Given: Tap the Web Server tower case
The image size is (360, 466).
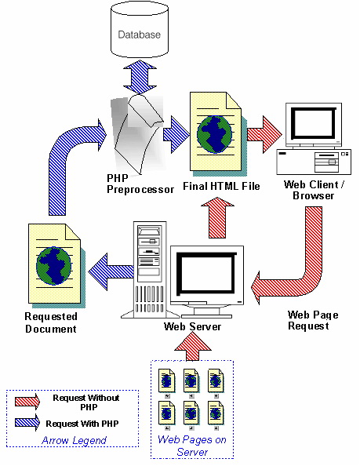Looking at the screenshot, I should point(147,267).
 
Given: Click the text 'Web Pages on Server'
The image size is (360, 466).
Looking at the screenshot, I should point(192,446).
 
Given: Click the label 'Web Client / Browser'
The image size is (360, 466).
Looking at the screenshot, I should point(313,188).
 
